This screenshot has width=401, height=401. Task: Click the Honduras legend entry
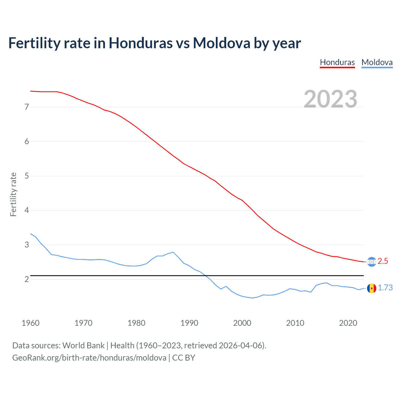337,62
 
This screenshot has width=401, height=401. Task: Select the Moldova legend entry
377,62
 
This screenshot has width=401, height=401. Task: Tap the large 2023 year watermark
330,99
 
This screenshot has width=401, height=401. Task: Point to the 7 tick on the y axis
27,107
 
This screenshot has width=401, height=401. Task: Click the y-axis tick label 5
27,176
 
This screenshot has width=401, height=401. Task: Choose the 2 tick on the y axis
27,279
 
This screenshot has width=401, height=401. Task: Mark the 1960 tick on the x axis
30,323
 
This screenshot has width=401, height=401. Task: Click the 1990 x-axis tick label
189,323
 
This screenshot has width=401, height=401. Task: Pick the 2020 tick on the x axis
348,323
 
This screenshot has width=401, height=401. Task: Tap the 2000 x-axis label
242,323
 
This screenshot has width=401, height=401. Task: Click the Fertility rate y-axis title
13,194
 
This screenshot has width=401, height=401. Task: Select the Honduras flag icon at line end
372,262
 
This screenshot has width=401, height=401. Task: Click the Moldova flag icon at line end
372,288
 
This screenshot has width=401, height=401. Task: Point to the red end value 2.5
383,261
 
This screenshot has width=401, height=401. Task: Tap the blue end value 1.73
385,288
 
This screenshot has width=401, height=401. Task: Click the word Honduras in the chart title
140,43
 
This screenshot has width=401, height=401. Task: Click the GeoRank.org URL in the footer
89,358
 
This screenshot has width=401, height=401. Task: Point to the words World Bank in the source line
83,346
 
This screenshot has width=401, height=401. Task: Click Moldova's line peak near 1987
173,252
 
